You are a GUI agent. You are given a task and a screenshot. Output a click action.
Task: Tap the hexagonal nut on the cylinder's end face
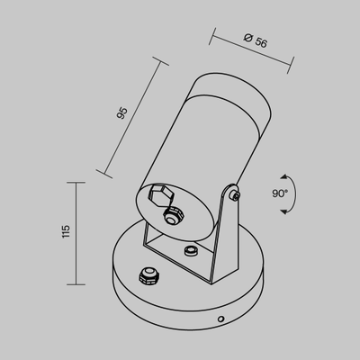pos(158,194)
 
